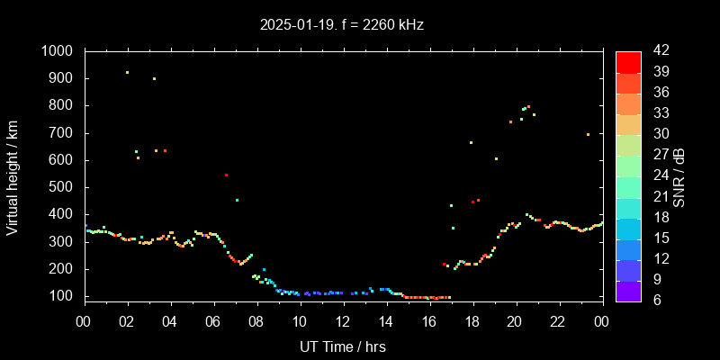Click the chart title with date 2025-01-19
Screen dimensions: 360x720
(340, 24)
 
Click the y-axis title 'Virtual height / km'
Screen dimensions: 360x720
(13, 175)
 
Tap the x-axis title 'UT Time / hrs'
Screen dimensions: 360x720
(343, 346)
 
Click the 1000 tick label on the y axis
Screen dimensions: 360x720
(58, 51)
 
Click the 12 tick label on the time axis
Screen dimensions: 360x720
(343, 321)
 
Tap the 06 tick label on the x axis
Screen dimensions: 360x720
(213, 321)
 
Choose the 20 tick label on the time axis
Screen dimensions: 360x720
(515, 321)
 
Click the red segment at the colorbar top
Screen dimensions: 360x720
(628, 61)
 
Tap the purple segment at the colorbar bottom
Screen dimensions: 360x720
(628, 290)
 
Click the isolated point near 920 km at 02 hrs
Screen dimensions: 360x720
(127, 73)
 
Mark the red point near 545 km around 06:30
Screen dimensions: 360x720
(226, 175)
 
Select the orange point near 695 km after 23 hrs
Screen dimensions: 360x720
(588, 134)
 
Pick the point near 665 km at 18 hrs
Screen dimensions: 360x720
(471, 142)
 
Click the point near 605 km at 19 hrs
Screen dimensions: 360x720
(496, 158)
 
